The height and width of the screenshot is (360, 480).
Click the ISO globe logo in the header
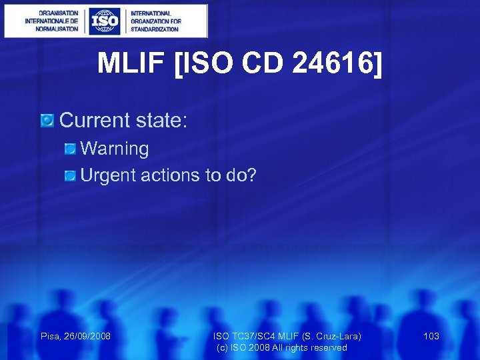click(x=105, y=21)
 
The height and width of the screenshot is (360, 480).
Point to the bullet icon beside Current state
click(x=47, y=121)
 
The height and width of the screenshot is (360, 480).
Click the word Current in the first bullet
click(x=95, y=121)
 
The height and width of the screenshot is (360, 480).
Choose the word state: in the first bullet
click(x=161, y=121)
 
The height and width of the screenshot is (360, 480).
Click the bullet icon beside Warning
click(x=70, y=149)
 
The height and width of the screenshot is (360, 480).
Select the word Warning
click(x=115, y=149)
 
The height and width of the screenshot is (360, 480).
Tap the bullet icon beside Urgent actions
click(x=70, y=175)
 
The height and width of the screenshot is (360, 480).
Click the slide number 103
click(x=431, y=336)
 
